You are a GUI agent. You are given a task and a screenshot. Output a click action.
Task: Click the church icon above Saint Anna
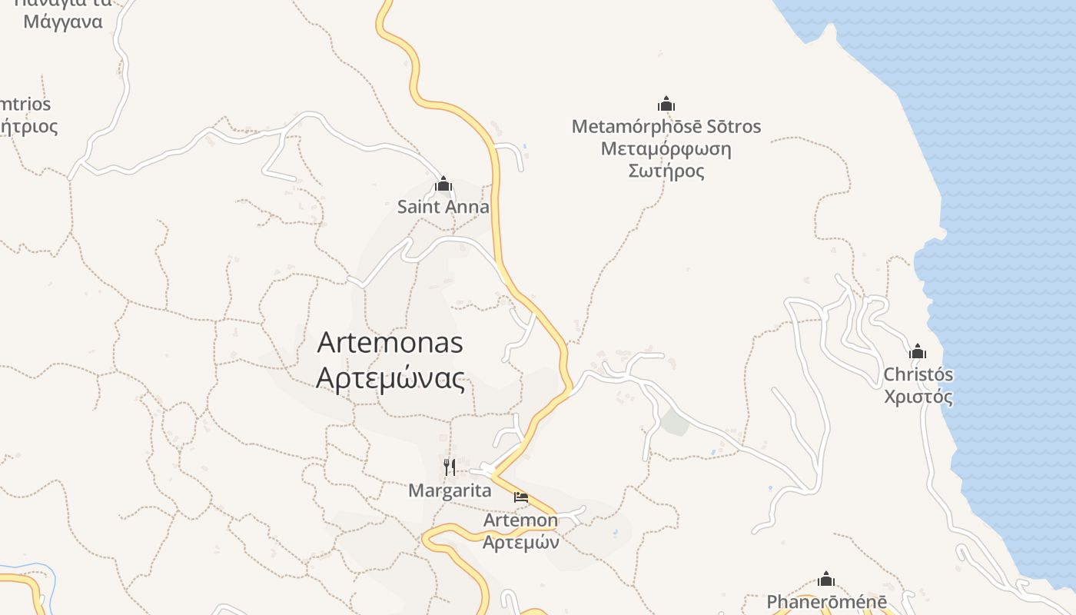(443, 184)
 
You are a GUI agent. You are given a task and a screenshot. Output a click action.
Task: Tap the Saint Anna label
(443, 207)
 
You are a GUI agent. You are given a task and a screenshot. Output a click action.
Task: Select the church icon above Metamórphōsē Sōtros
(666, 104)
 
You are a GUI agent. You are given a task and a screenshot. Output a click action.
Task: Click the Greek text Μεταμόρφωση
(666, 148)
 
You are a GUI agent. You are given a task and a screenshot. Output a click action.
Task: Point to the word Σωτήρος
(666, 171)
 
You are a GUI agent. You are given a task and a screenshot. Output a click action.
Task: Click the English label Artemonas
(390, 342)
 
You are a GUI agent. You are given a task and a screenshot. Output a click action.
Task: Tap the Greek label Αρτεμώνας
(390, 378)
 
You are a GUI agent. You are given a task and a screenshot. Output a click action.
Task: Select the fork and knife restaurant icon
(450, 467)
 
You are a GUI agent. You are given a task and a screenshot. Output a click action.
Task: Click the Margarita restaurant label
(450, 490)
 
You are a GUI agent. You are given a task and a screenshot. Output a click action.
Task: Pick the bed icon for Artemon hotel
(521, 497)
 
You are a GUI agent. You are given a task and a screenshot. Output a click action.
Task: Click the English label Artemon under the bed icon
(520, 520)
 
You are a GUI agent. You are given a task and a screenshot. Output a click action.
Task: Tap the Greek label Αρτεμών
(520, 542)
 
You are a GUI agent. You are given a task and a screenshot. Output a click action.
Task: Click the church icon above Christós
(917, 352)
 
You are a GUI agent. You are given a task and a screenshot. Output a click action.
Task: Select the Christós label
(918, 375)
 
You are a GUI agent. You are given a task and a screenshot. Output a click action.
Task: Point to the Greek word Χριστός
(918, 397)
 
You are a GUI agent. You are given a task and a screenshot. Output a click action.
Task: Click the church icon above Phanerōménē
(826, 579)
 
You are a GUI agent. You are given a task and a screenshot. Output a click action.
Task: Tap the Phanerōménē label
(826, 602)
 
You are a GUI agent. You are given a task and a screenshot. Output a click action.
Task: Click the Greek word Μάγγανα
(63, 22)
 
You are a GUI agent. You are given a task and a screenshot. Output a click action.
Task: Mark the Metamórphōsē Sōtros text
(666, 126)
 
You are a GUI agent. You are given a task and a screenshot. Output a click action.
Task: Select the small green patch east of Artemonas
(674, 422)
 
